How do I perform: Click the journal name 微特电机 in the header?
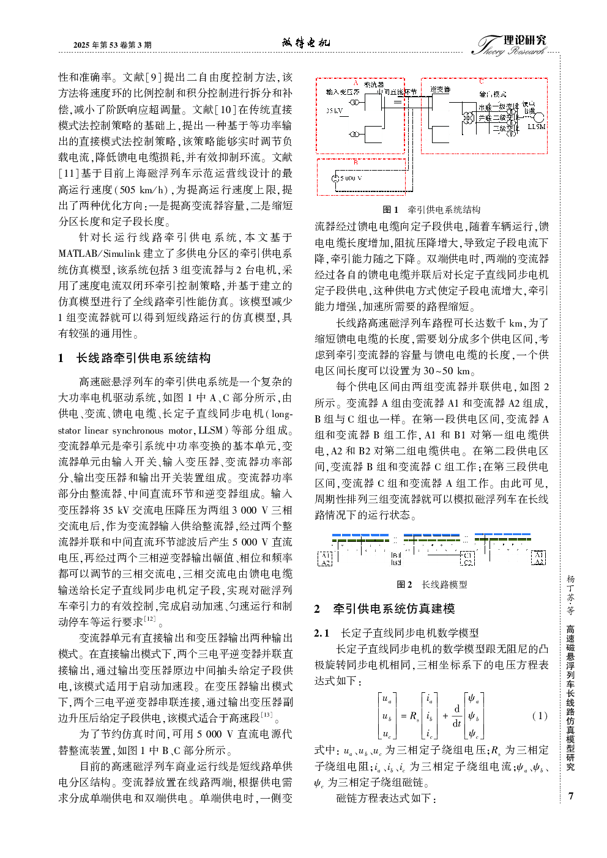pos(305,42)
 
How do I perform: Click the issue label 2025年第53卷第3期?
pos(112,45)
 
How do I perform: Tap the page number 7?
pos(570,796)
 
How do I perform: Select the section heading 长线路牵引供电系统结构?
pos(143,358)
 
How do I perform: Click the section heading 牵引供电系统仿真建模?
pos(393,608)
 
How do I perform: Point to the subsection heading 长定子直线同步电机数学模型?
pos(409,633)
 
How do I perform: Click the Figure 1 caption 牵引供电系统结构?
pos(444,209)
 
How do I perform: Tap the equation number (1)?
pos(539,716)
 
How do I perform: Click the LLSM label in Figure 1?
pos(536,127)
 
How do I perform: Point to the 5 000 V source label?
pos(351,179)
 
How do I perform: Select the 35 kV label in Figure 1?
pos(334,111)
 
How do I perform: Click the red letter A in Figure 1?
pos(356,82)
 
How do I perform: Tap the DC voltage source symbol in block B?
pos(335,179)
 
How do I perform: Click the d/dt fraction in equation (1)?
pos(456,716)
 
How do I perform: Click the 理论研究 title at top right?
pos(524,40)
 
